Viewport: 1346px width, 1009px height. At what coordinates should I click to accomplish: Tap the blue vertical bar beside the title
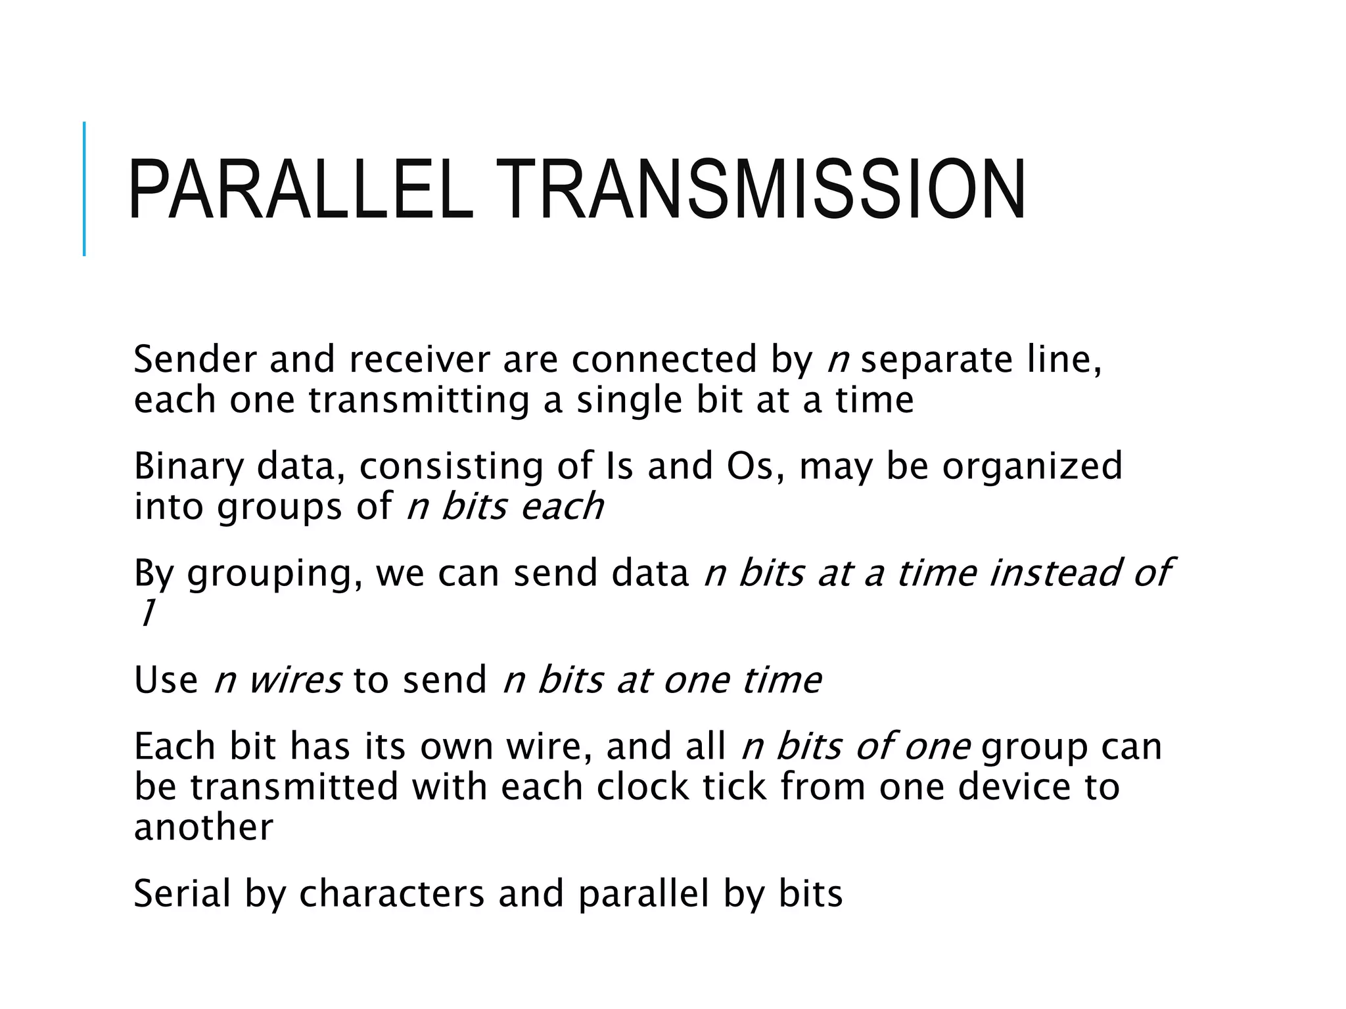coord(84,189)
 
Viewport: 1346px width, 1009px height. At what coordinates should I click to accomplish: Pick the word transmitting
coord(419,401)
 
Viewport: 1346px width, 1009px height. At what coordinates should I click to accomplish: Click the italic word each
coord(562,506)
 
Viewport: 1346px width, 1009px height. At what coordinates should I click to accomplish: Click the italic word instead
coord(1054,573)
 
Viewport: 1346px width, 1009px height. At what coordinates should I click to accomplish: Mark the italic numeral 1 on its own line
coord(146,614)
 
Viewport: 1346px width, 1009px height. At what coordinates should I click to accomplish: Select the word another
coord(203,828)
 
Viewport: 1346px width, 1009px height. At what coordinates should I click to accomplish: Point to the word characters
coord(392,894)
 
